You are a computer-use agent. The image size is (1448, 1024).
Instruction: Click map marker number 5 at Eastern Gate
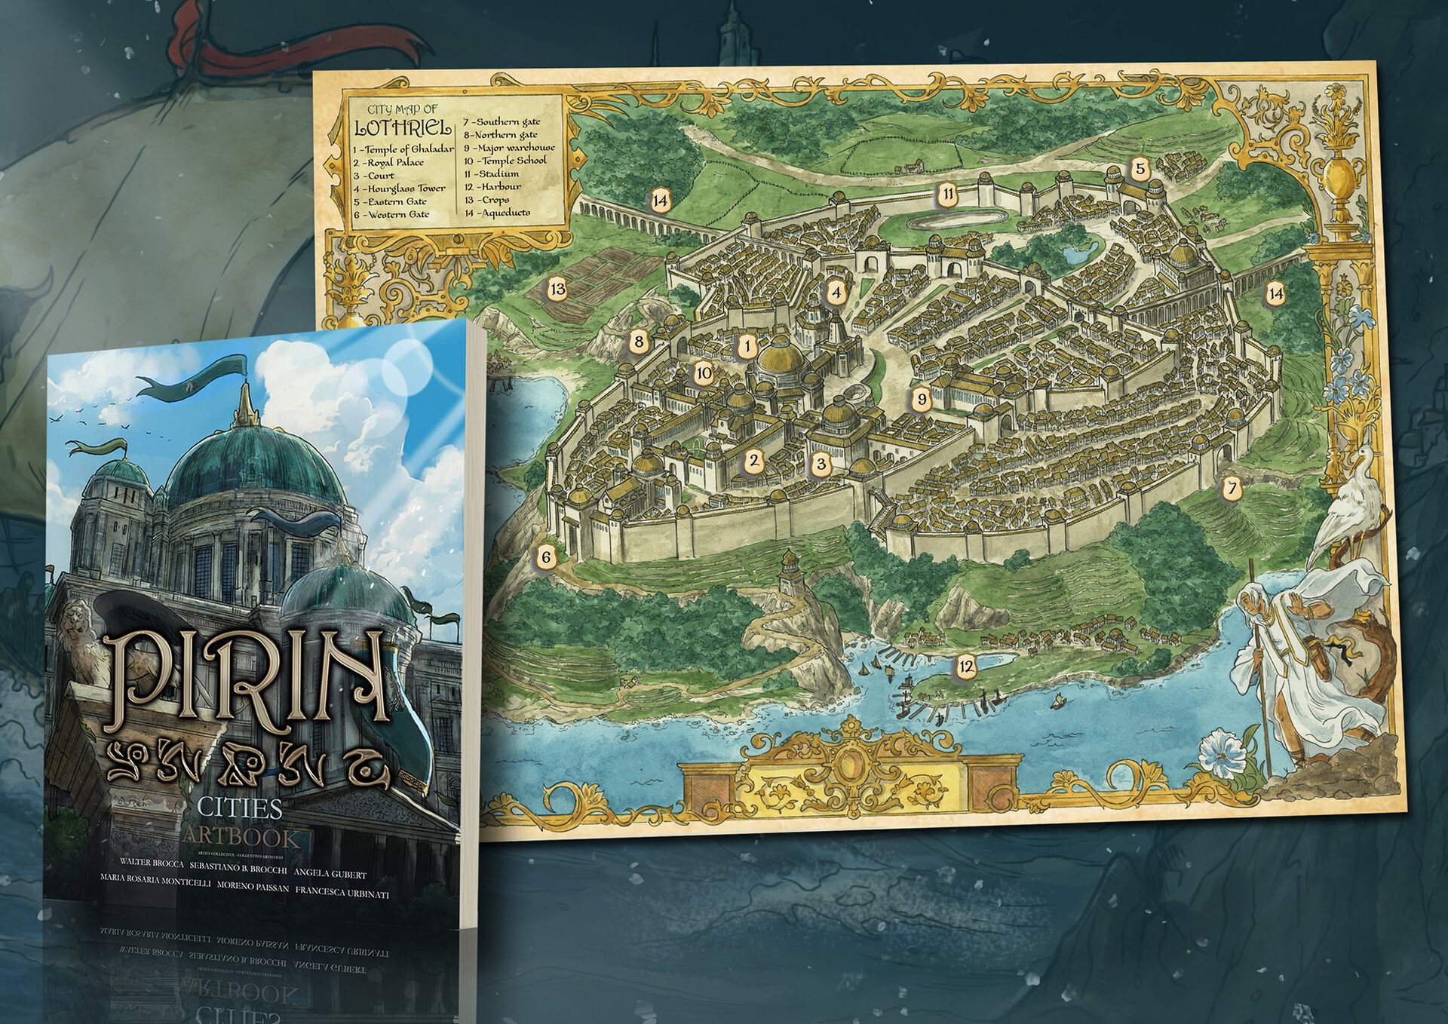1140,169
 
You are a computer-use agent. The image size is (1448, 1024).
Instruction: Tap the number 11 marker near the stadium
948,194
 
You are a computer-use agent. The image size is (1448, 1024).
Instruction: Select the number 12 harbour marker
966,666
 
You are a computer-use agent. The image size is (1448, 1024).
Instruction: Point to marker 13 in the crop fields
557,289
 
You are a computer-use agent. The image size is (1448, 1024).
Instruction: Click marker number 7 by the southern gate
1232,488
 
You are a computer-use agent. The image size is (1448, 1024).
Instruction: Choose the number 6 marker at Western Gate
546,558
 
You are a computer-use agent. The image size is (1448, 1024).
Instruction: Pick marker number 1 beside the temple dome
747,347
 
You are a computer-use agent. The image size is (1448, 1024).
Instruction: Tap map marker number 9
921,399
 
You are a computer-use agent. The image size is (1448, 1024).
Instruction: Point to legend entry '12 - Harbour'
493,186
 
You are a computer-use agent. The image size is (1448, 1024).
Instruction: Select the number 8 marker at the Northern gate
639,342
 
